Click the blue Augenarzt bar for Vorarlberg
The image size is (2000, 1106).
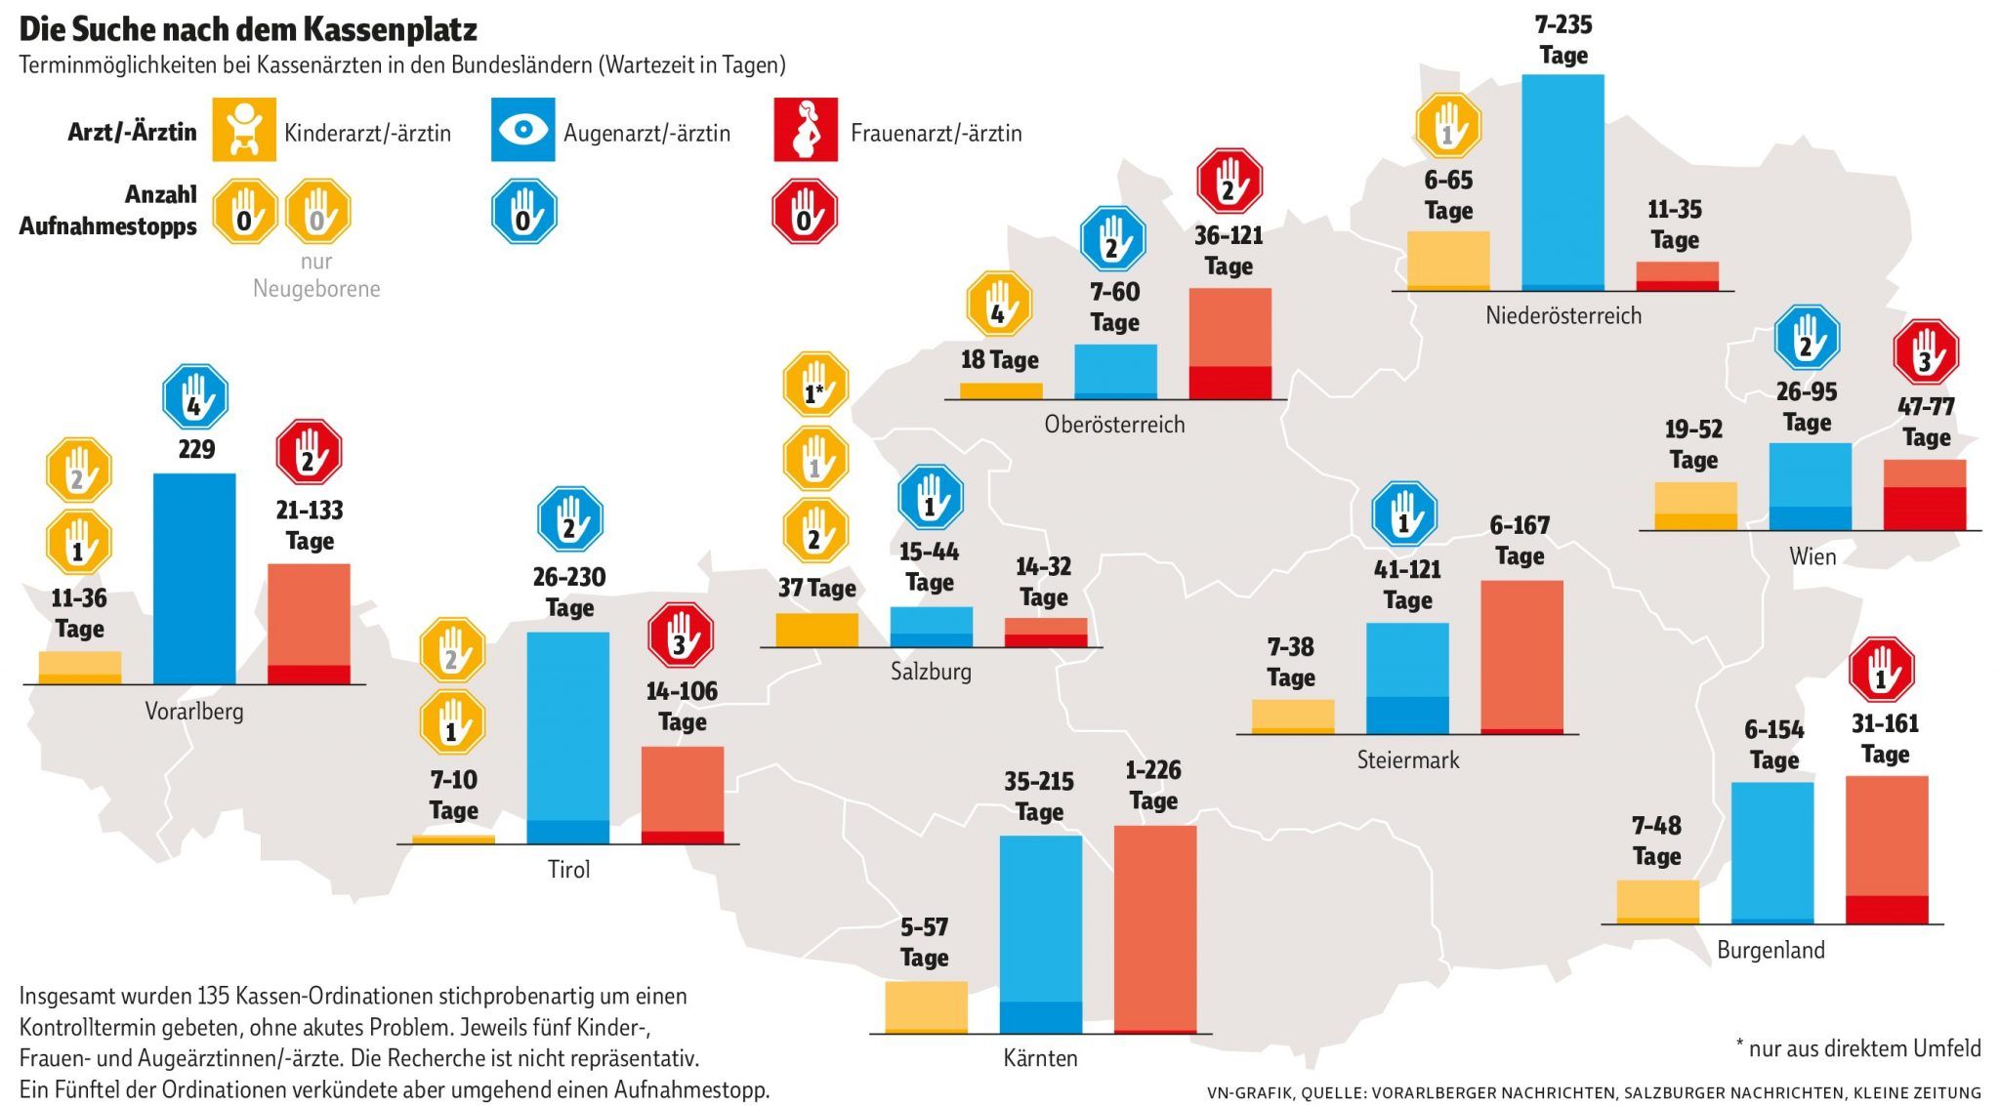(194, 578)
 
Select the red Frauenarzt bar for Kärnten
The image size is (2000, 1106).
(1154, 928)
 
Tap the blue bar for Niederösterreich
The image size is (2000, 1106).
(1562, 182)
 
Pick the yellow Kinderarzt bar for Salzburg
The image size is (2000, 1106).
(816, 630)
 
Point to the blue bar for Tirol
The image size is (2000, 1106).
(567, 737)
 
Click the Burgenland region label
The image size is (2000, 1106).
(1771, 950)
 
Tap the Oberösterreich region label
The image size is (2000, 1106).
(1114, 425)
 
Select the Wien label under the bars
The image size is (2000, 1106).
(1812, 556)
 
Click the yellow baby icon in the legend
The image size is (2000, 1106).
(244, 129)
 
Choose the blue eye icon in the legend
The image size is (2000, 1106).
(522, 129)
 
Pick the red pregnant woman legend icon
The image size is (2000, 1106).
(806, 129)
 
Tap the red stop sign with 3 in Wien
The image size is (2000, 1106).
(1926, 352)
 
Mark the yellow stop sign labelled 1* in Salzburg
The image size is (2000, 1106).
(815, 385)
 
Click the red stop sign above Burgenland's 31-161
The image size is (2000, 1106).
(1882, 671)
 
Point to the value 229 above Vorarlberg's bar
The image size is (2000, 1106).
(196, 449)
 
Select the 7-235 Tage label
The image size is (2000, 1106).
(1562, 40)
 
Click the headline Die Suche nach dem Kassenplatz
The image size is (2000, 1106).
(248, 29)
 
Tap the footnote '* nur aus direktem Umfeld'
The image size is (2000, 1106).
(1858, 1048)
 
